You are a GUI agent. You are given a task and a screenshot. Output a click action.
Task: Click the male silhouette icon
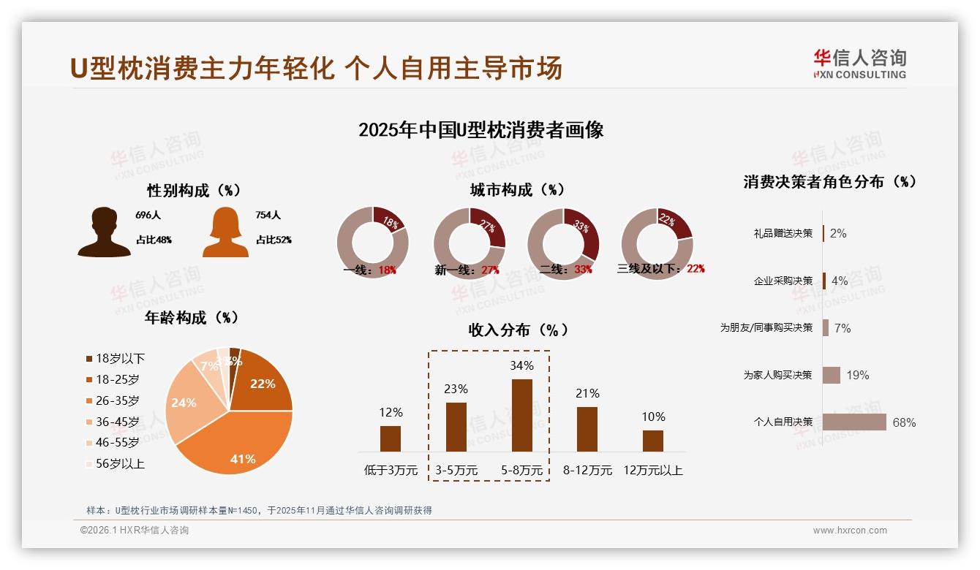(x=104, y=232)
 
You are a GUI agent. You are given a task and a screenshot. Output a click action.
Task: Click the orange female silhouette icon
(x=225, y=232)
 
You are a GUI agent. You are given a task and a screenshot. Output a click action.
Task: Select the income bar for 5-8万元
(x=521, y=415)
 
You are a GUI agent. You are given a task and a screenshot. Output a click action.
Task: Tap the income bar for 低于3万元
(x=391, y=438)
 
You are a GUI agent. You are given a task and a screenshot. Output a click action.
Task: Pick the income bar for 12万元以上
(x=652, y=441)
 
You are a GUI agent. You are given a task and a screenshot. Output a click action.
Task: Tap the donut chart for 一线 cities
(x=372, y=243)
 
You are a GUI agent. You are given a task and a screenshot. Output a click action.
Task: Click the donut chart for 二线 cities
(x=563, y=243)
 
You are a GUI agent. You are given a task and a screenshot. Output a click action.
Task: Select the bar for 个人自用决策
(x=854, y=422)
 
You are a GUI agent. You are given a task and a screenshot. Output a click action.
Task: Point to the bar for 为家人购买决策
(x=832, y=376)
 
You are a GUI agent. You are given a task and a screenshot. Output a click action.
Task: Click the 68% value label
(x=904, y=422)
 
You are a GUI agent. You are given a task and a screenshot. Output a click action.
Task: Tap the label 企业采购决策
(x=783, y=281)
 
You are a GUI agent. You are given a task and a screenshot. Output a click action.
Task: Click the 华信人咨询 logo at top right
(x=859, y=64)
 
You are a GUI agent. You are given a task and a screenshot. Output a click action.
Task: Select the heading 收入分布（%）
(x=518, y=330)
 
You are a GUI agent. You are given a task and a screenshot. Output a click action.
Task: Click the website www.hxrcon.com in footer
(x=850, y=531)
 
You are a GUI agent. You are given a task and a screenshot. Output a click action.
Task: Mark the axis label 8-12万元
(x=587, y=471)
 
